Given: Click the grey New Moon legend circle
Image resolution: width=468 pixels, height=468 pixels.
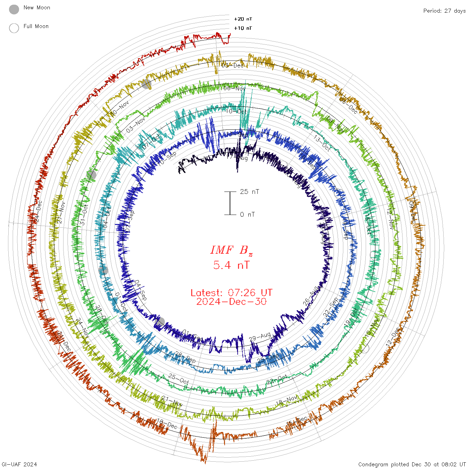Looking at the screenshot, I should [14, 10].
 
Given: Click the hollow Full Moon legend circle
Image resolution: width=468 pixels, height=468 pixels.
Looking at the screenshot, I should [14, 28].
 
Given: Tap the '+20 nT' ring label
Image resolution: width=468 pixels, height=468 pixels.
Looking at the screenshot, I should [243, 19].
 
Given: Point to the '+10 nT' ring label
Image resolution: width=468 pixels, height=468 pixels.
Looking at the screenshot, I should [243, 28].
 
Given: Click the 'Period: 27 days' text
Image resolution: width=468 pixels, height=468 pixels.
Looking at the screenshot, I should [444, 11].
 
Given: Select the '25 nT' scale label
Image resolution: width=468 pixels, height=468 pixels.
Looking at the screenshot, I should [249, 192].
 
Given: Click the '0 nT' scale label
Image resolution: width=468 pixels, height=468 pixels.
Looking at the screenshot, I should [247, 214].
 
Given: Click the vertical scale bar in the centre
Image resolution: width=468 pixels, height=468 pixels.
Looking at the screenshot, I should [230, 203].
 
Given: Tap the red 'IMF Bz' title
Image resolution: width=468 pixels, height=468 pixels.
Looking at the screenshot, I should [231, 250].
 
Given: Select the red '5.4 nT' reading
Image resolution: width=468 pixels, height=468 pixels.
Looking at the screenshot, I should [231, 265].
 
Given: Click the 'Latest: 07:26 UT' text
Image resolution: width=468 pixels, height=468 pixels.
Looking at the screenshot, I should [231, 293].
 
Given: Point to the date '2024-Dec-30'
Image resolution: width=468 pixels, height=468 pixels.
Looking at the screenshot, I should [231, 302].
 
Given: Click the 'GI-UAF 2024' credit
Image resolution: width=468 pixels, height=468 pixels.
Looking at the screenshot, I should [19, 464].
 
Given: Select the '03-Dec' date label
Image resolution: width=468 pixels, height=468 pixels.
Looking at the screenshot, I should [233, 65].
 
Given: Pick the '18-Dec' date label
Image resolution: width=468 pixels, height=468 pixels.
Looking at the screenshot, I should [167, 424].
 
